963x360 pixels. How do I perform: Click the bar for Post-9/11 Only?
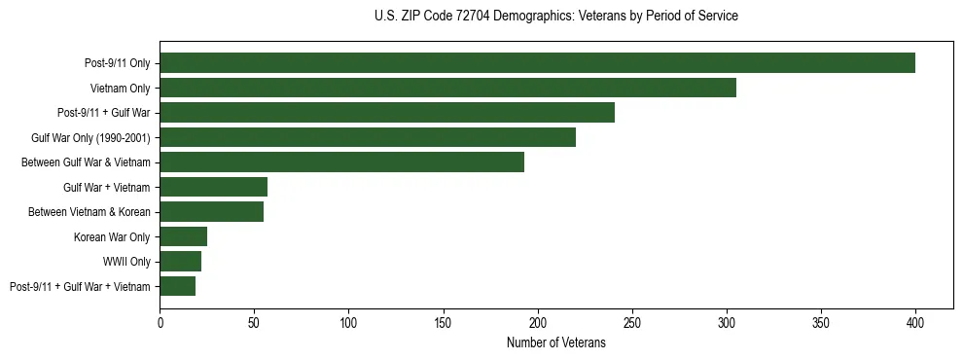(x=537, y=63)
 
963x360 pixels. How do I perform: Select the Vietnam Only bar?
(x=447, y=88)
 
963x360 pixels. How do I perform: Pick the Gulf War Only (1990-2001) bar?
(x=368, y=137)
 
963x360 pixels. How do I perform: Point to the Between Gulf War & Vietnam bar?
(x=341, y=162)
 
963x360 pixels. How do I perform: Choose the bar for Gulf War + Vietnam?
(x=213, y=187)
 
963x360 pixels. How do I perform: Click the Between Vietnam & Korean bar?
(x=211, y=212)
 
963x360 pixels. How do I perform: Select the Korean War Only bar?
(x=183, y=236)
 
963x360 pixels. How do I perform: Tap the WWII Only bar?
(x=180, y=261)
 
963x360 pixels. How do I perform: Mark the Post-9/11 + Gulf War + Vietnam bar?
(x=177, y=286)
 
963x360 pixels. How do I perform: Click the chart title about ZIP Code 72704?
(x=555, y=17)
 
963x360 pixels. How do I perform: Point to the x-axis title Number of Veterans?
(x=555, y=343)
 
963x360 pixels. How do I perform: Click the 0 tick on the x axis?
(x=160, y=320)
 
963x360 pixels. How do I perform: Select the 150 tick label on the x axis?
(x=443, y=320)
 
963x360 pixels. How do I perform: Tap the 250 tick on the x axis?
(x=631, y=320)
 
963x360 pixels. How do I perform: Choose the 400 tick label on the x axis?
(x=915, y=320)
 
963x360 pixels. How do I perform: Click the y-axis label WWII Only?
(x=126, y=262)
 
